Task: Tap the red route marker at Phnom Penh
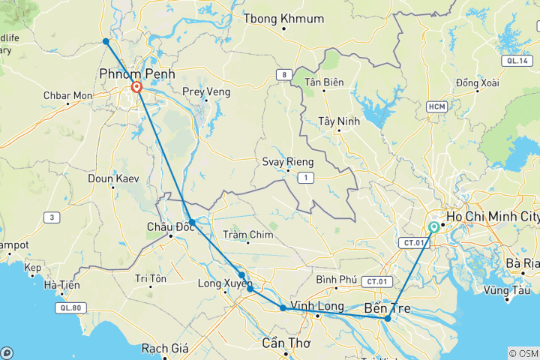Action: (x=136, y=88)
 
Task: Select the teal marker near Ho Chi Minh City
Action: (x=434, y=227)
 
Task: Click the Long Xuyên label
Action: (x=221, y=283)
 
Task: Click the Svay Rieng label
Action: (x=287, y=161)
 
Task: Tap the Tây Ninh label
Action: (x=339, y=121)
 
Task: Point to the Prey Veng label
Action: (x=204, y=92)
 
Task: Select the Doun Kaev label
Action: (x=111, y=178)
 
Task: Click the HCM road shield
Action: (x=436, y=107)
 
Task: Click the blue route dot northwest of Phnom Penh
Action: (x=106, y=41)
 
